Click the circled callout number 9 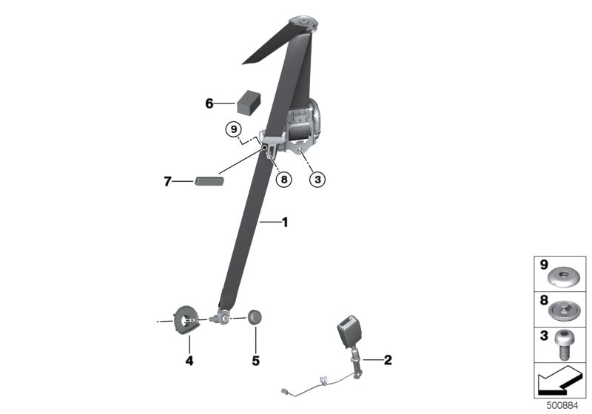[x=234, y=129]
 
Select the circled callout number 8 [x=284, y=180]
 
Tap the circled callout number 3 [x=317, y=180]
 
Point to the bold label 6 [x=209, y=103]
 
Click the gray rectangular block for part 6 [x=249, y=102]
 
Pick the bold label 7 [x=168, y=181]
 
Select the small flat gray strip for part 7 [x=209, y=181]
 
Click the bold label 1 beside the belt [x=285, y=222]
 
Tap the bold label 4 [x=189, y=361]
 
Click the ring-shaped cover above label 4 [x=183, y=320]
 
